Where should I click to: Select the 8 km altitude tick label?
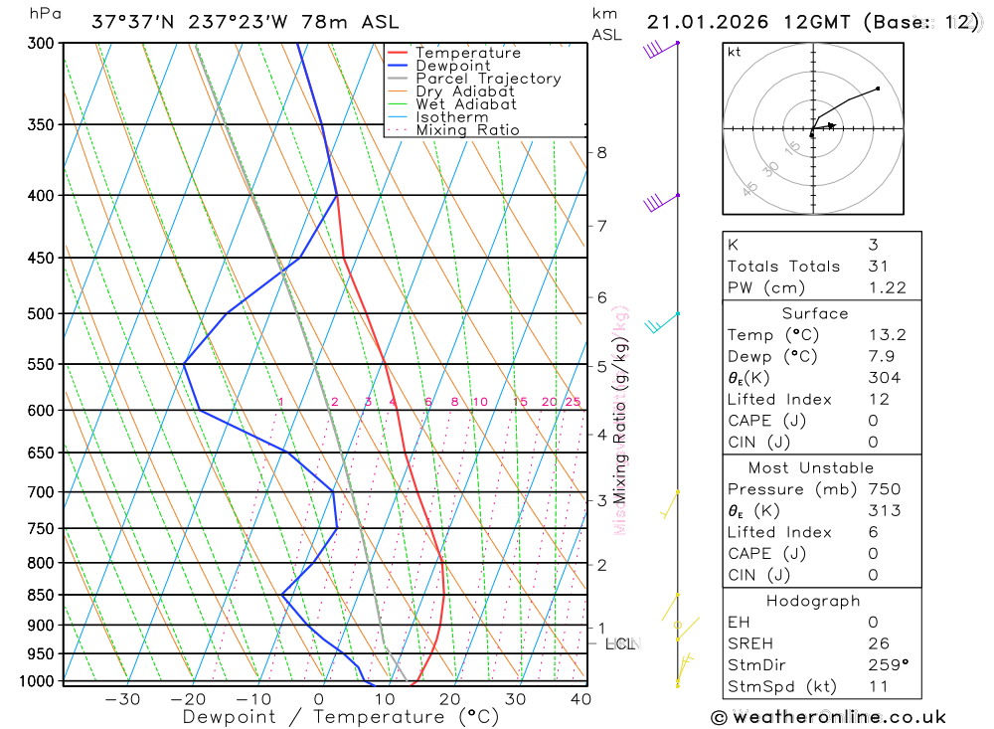(x=601, y=152)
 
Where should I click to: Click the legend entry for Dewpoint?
(x=452, y=66)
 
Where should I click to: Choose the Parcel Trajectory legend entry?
(x=487, y=79)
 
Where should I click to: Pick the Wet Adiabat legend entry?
(x=465, y=104)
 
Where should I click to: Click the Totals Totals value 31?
(x=876, y=266)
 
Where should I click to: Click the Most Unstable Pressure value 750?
(x=884, y=489)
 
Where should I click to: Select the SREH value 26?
(x=878, y=643)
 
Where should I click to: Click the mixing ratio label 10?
(x=479, y=402)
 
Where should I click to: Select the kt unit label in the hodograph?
(x=735, y=52)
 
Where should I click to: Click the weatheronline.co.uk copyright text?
(x=829, y=717)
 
